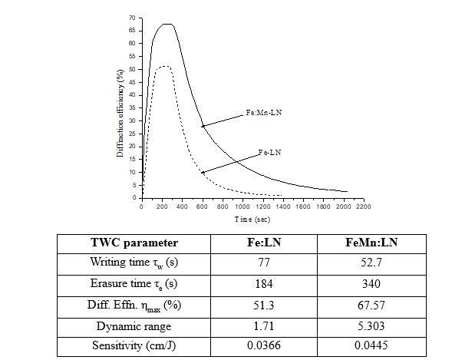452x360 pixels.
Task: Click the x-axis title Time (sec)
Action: (252, 219)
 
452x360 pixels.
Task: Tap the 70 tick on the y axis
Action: (132, 18)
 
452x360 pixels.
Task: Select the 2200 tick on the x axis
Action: (364, 206)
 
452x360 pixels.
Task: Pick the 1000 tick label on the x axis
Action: (242, 206)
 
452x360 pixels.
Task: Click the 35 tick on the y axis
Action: (132, 107)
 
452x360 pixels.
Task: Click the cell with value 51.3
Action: (263, 305)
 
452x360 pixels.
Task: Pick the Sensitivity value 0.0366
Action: (263, 345)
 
